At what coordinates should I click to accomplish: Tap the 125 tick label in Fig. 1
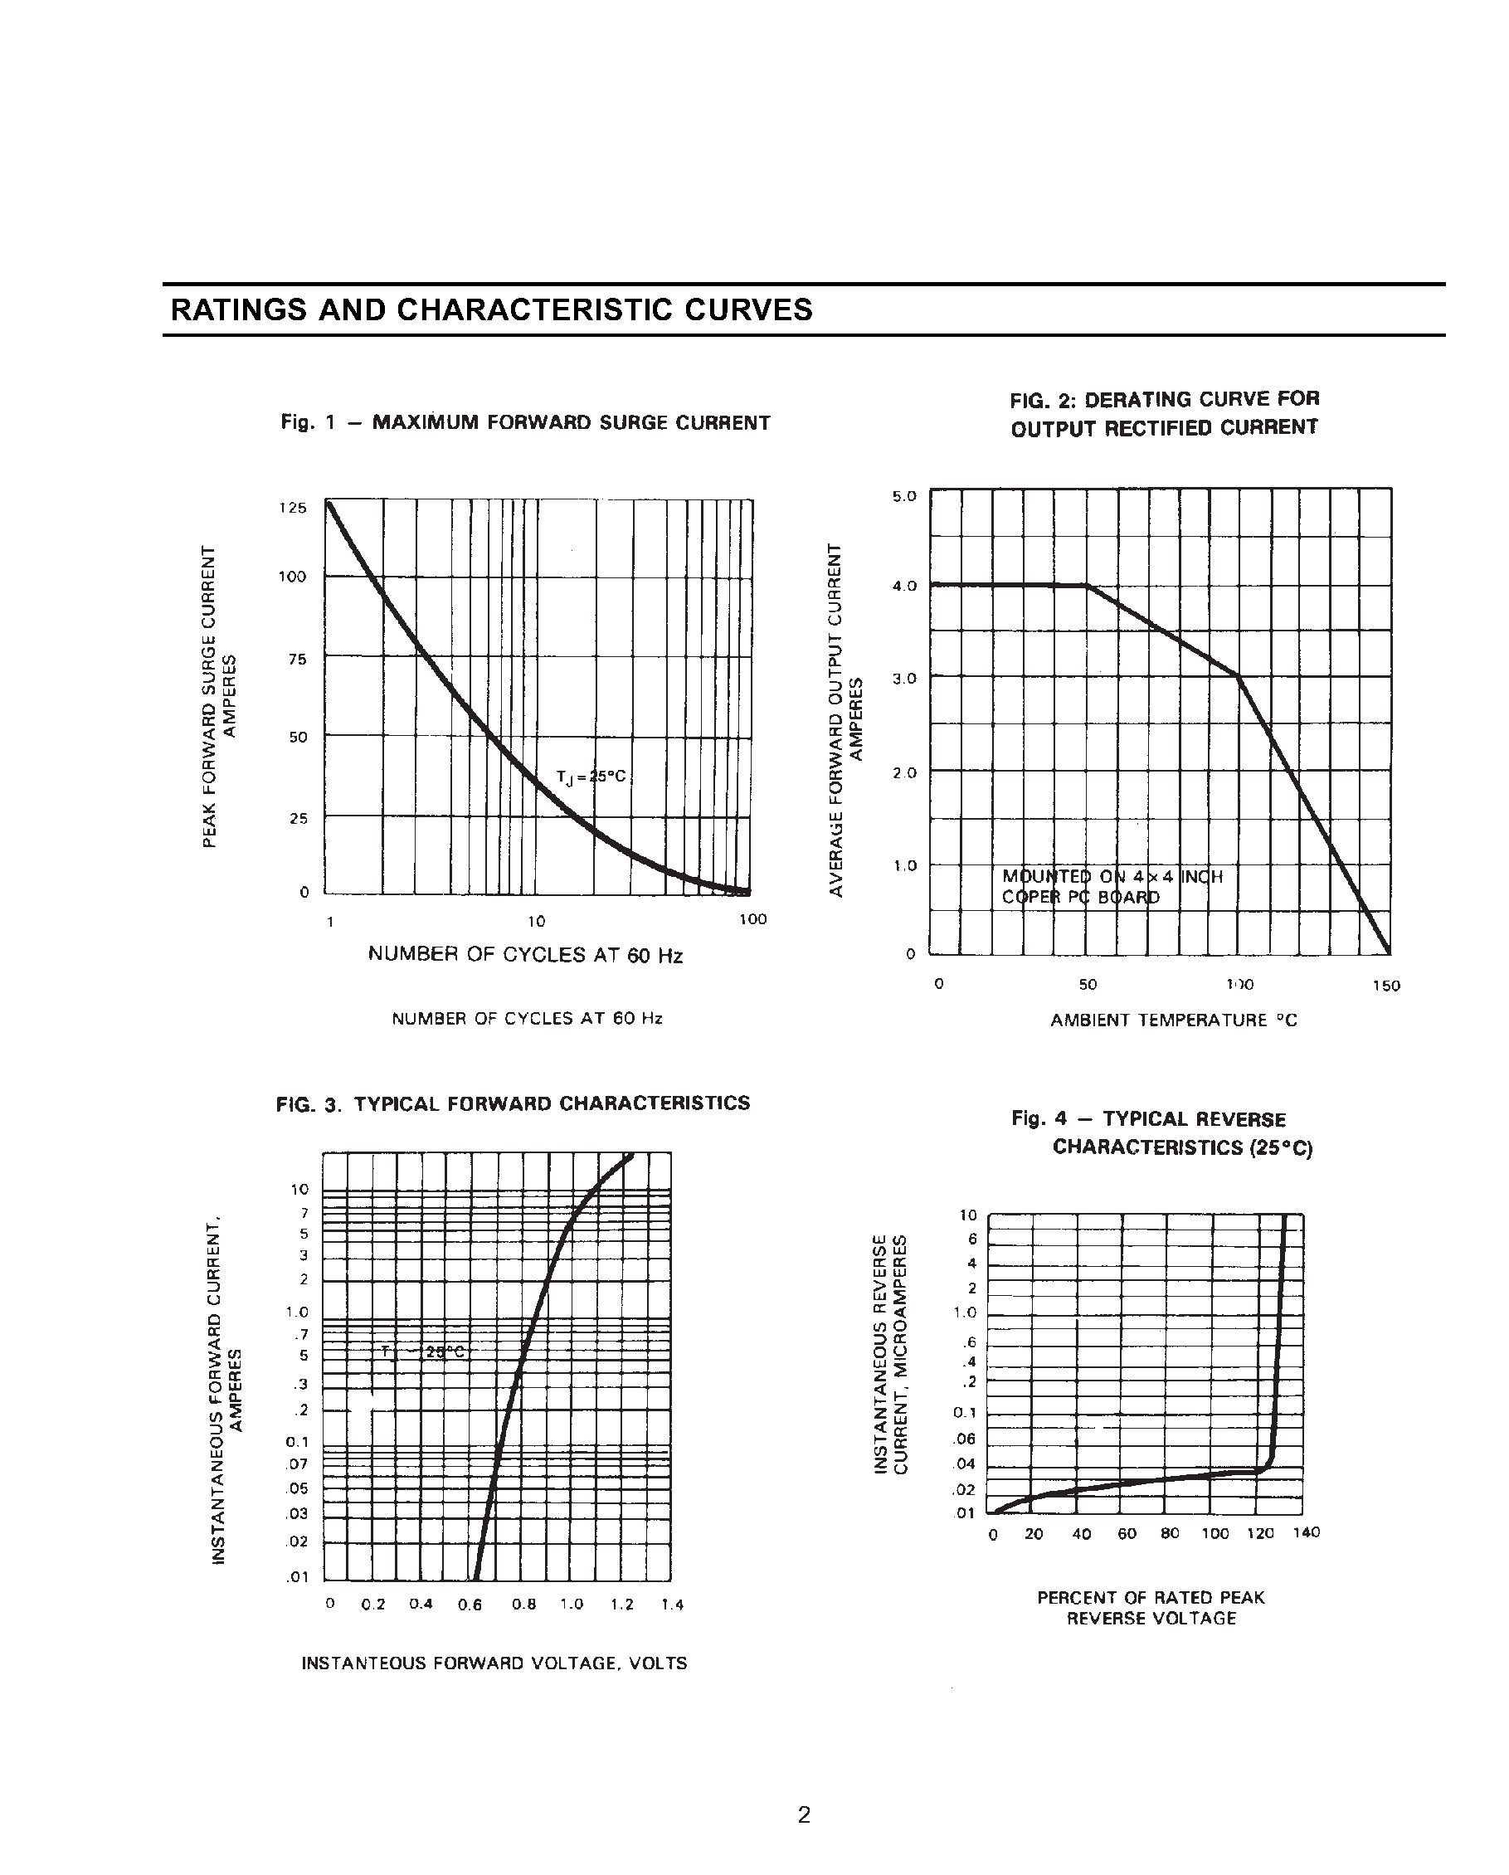(x=293, y=508)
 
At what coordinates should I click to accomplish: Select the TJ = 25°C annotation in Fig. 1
(x=591, y=777)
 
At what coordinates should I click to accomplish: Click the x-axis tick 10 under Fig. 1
(x=536, y=921)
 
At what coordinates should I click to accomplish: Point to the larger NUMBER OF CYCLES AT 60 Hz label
(x=525, y=955)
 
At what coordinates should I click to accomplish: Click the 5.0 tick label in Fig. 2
(x=904, y=497)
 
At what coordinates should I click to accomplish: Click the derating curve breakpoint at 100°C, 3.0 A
(x=1238, y=675)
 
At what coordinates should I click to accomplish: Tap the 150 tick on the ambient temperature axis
(x=1386, y=986)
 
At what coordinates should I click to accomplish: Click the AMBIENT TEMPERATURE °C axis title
(x=1173, y=1020)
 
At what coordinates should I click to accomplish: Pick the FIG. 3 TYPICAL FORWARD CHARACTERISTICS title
(x=513, y=1103)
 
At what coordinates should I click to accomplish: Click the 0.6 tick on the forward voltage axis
(x=470, y=1605)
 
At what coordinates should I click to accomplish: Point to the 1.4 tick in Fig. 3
(x=672, y=1605)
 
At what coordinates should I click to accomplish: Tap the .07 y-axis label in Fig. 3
(x=298, y=1463)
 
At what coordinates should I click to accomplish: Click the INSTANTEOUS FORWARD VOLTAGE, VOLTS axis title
(x=494, y=1663)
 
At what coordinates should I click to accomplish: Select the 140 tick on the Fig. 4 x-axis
(x=1306, y=1532)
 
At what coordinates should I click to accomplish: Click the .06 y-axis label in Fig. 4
(x=965, y=1439)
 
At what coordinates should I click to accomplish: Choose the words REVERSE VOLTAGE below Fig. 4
(x=1151, y=1619)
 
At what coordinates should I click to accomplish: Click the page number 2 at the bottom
(x=804, y=1814)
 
